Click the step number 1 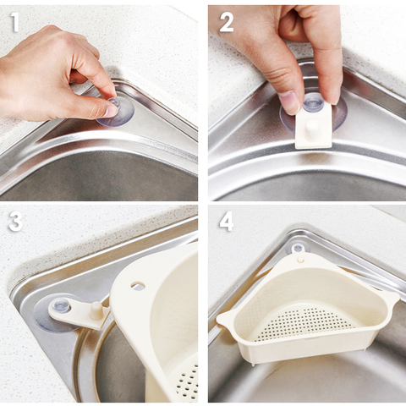click(15, 22)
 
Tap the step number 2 click(227, 22)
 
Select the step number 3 click(15, 222)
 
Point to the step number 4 click(227, 222)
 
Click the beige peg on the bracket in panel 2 click(312, 129)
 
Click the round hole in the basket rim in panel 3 click(138, 286)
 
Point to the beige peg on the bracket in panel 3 click(96, 310)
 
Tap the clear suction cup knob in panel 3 click(62, 306)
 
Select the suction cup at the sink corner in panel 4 click(298, 248)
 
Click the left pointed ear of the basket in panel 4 click(226, 317)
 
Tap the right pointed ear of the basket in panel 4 click(392, 297)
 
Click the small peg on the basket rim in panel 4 click(301, 259)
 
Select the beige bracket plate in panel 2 click(314, 124)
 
